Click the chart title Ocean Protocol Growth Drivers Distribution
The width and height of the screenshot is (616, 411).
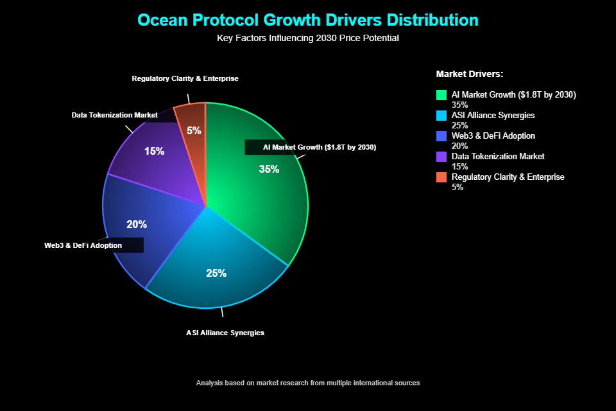tap(308, 20)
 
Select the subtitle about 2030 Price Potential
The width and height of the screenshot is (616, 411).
tap(308, 38)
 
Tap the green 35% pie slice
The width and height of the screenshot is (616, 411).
tap(263, 193)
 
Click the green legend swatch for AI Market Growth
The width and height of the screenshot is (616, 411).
tap(441, 95)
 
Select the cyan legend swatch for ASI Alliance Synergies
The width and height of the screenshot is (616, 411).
tap(441, 116)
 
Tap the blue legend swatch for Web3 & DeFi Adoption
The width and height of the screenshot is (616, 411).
tap(441, 136)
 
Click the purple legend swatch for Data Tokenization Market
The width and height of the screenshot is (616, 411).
tap(441, 157)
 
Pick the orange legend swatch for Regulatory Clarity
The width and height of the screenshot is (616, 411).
tap(441, 177)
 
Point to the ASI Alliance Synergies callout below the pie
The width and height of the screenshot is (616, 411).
tap(225, 333)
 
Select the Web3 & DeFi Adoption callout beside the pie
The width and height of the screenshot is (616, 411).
tap(83, 245)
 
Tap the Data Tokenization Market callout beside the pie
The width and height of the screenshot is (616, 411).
tap(115, 115)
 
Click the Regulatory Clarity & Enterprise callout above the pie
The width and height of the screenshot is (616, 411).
tap(185, 78)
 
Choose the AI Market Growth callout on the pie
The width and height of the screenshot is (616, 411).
tap(319, 147)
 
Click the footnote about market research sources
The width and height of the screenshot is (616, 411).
tap(308, 383)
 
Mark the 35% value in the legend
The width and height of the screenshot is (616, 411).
tap(460, 105)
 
